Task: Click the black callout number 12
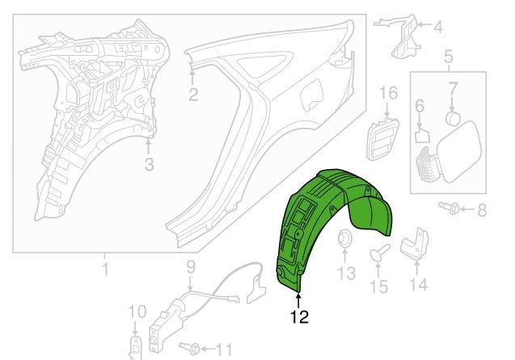[299, 317]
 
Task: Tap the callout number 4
[438, 28]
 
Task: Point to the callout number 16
[389, 93]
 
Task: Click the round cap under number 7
[452, 118]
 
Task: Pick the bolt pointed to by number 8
[449, 207]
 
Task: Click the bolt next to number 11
[190, 348]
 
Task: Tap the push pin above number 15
[379, 252]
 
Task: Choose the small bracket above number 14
[416, 243]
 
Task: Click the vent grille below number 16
[382, 139]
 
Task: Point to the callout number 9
[191, 267]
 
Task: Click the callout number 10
[137, 311]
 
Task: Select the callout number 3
[149, 164]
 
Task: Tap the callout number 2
[193, 95]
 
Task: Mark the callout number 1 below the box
[105, 269]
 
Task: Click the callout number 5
[449, 57]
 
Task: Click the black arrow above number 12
[298, 301]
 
